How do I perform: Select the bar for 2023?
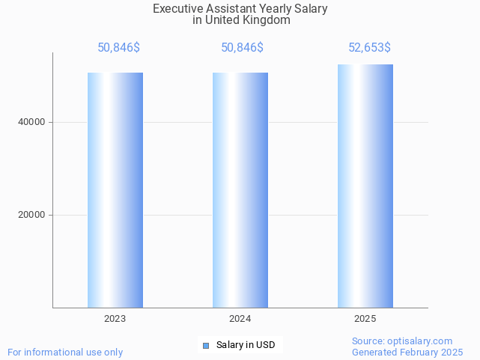(x=115, y=190)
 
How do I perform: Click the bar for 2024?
(x=240, y=190)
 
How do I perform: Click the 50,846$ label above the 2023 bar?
(x=118, y=48)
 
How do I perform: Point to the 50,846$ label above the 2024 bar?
(x=242, y=48)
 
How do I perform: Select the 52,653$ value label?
(x=369, y=48)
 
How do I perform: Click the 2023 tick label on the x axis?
(x=115, y=319)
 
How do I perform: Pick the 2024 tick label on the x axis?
(x=240, y=319)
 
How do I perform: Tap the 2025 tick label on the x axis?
(x=365, y=319)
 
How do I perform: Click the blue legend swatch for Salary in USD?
(x=206, y=345)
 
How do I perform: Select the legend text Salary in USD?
(x=246, y=345)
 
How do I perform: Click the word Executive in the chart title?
(x=177, y=9)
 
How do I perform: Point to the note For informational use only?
(x=65, y=352)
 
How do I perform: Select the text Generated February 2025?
(x=407, y=352)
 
